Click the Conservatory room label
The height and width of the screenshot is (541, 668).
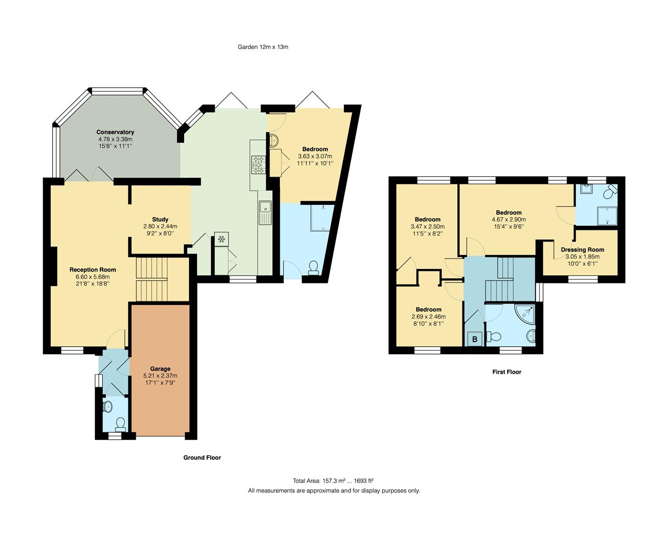pyautogui.click(x=115, y=132)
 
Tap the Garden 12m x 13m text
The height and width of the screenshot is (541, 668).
pyautogui.click(x=263, y=47)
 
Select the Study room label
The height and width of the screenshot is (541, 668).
pyautogui.click(x=160, y=219)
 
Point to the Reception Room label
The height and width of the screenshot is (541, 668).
pyautogui.click(x=93, y=270)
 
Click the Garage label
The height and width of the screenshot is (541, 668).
pyautogui.click(x=160, y=369)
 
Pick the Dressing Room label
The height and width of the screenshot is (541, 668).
pyautogui.click(x=582, y=249)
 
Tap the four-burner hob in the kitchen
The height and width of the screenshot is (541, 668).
pyautogui.click(x=259, y=164)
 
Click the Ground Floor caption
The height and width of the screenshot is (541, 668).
pyautogui.click(x=202, y=457)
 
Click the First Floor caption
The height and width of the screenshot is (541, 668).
pyautogui.click(x=507, y=372)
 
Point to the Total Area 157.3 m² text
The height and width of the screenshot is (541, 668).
pyautogui.click(x=333, y=480)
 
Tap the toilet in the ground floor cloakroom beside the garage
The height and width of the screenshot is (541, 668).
pyautogui.click(x=120, y=424)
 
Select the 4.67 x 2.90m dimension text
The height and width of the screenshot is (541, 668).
pyautogui.click(x=509, y=219)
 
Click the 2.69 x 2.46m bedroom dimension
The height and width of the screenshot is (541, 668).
pyautogui.click(x=428, y=317)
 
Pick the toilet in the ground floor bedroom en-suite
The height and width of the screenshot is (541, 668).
pyautogui.click(x=313, y=267)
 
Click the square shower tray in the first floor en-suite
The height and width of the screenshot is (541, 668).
pyautogui.click(x=607, y=214)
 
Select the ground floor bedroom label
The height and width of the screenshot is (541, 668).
pyautogui.click(x=315, y=149)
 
